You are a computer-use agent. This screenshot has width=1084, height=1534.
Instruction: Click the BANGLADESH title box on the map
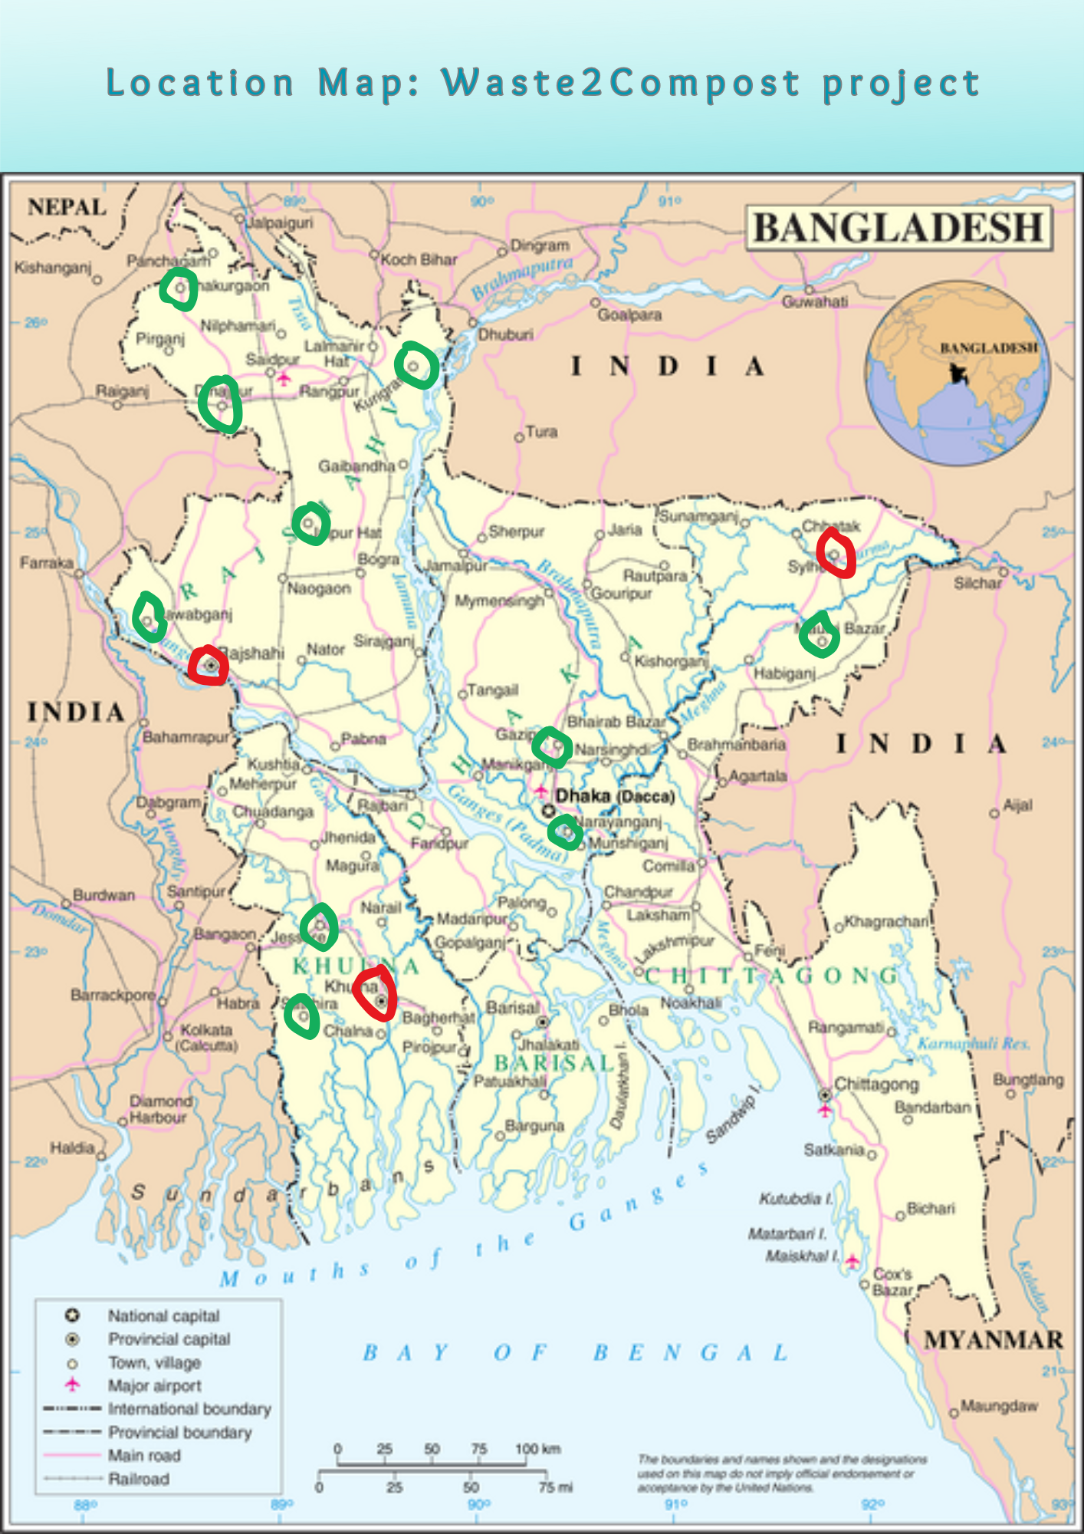tap(898, 229)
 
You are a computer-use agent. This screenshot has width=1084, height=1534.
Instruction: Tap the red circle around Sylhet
tap(835, 553)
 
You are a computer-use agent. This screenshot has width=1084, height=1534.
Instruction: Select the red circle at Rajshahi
tap(209, 666)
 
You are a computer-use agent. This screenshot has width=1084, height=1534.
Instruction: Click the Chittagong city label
tap(875, 1085)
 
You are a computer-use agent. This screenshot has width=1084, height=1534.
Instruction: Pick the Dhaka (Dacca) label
tap(615, 796)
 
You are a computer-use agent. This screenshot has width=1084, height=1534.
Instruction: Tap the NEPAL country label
tap(67, 207)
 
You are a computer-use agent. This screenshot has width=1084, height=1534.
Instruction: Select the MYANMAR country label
tap(994, 1340)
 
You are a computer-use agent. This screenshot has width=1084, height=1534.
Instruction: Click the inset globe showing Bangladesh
tap(958, 373)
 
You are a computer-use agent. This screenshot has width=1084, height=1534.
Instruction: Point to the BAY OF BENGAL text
tap(575, 1352)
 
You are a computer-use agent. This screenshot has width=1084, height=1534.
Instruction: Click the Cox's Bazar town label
tap(892, 1282)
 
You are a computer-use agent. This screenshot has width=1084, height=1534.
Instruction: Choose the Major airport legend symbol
tap(72, 1384)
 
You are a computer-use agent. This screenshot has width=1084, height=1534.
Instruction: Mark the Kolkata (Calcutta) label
tap(206, 1037)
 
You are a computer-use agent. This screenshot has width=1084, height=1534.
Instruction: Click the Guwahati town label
tap(815, 302)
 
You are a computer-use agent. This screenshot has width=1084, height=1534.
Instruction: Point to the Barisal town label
tap(513, 1007)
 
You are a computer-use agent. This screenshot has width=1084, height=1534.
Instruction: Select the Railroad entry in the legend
tap(138, 1479)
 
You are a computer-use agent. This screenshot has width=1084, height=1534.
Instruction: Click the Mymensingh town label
tap(499, 601)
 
